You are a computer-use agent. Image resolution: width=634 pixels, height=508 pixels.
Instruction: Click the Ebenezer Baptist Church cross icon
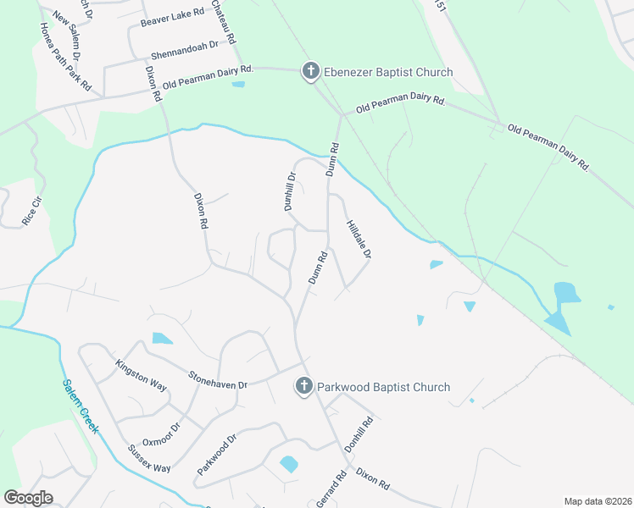click(x=311, y=72)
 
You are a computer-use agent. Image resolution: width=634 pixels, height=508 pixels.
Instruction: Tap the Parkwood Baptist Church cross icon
click(x=303, y=387)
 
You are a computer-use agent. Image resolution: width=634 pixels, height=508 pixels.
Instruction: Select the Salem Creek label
click(x=81, y=406)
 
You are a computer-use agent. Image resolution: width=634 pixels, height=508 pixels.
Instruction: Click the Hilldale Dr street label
click(x=359, y=240)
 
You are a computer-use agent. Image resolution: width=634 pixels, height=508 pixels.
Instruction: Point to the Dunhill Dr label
click(x=289, y=191)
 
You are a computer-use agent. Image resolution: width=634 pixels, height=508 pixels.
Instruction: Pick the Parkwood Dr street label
click(x=217, y=456)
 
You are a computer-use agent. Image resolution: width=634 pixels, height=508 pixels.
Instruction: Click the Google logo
click(x=28, y=498)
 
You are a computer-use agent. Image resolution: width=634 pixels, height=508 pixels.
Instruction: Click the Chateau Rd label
click(x=225, y=20)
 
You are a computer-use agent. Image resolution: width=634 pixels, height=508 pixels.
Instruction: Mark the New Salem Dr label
click(x=66, y=34)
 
